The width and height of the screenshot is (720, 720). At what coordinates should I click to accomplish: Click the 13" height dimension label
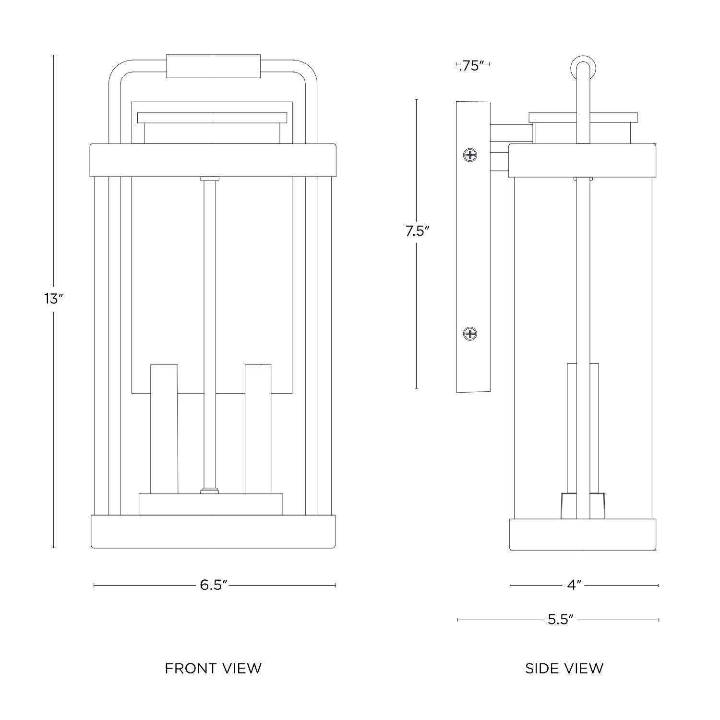(54, 299)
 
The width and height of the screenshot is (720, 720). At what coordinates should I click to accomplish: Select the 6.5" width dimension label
(214, 585)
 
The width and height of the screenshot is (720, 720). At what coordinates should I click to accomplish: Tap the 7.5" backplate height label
(417, 231)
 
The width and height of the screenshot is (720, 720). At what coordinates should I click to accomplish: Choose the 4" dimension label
(574, 585)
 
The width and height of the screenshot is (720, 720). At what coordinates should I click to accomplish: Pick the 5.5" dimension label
(561, 620)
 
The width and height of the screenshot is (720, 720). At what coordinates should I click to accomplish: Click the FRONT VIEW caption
(214, 668)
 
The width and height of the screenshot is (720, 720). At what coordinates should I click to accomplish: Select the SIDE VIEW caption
(564, 668)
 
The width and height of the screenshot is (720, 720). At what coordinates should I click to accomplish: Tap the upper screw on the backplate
(470, 155)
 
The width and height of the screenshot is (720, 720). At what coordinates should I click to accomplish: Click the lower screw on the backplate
(470, 334)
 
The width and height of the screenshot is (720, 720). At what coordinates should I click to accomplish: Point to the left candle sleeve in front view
(164, 429)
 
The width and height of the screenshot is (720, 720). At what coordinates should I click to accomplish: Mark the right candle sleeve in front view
(258, 429)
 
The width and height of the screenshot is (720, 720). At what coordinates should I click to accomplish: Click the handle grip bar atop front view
(214, 66)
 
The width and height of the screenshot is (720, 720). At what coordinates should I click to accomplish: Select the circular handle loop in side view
(583, 68)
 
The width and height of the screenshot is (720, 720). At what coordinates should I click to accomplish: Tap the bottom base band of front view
(214, 532)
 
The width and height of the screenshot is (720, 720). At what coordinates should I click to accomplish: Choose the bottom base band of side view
(582, 535)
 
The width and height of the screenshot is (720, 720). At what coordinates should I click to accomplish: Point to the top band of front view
(214, 160)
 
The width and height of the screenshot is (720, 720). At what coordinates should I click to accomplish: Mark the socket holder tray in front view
(211, 504)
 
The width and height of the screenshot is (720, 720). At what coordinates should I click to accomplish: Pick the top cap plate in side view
(583, 118)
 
